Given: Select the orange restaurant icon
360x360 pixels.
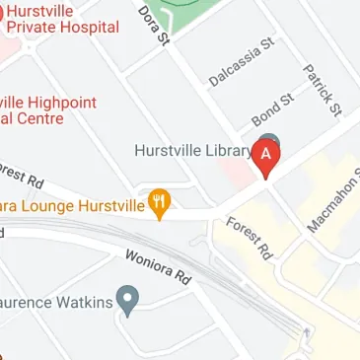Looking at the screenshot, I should coord(160,203).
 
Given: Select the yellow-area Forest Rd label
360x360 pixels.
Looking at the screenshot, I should coord(248,239).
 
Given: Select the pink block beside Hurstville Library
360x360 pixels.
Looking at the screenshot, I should coord(234,172).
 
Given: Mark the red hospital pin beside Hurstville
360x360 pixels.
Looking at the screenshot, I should coord(2,12).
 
